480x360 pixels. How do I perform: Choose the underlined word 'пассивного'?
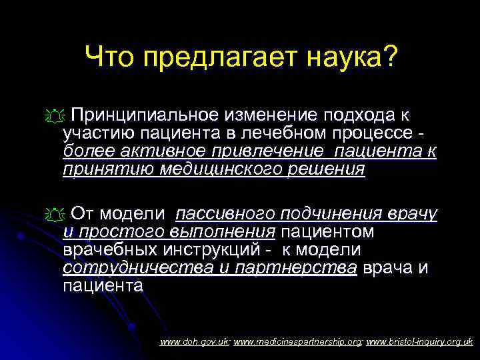pyautogui.click(x=224, y=214)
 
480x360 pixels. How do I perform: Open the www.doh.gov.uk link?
pyautogui.click(x=195, y=342)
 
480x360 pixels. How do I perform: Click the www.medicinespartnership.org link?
pyautogui.click(x=297, y=342)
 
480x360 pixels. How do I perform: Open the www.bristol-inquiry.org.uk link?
pyautogui.click(x=419, y=342)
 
